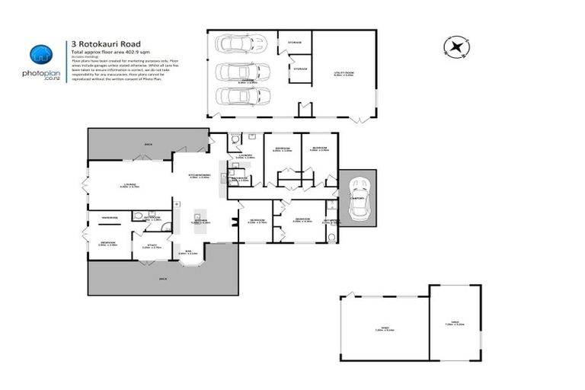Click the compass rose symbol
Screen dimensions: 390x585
click(x=456, y=47)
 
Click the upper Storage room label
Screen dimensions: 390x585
click(x=294, y=42)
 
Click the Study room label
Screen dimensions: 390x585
click(x=152, y=245)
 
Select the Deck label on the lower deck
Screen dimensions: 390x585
click(x=162, y=280)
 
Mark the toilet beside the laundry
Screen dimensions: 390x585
click(x=235, y=139)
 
